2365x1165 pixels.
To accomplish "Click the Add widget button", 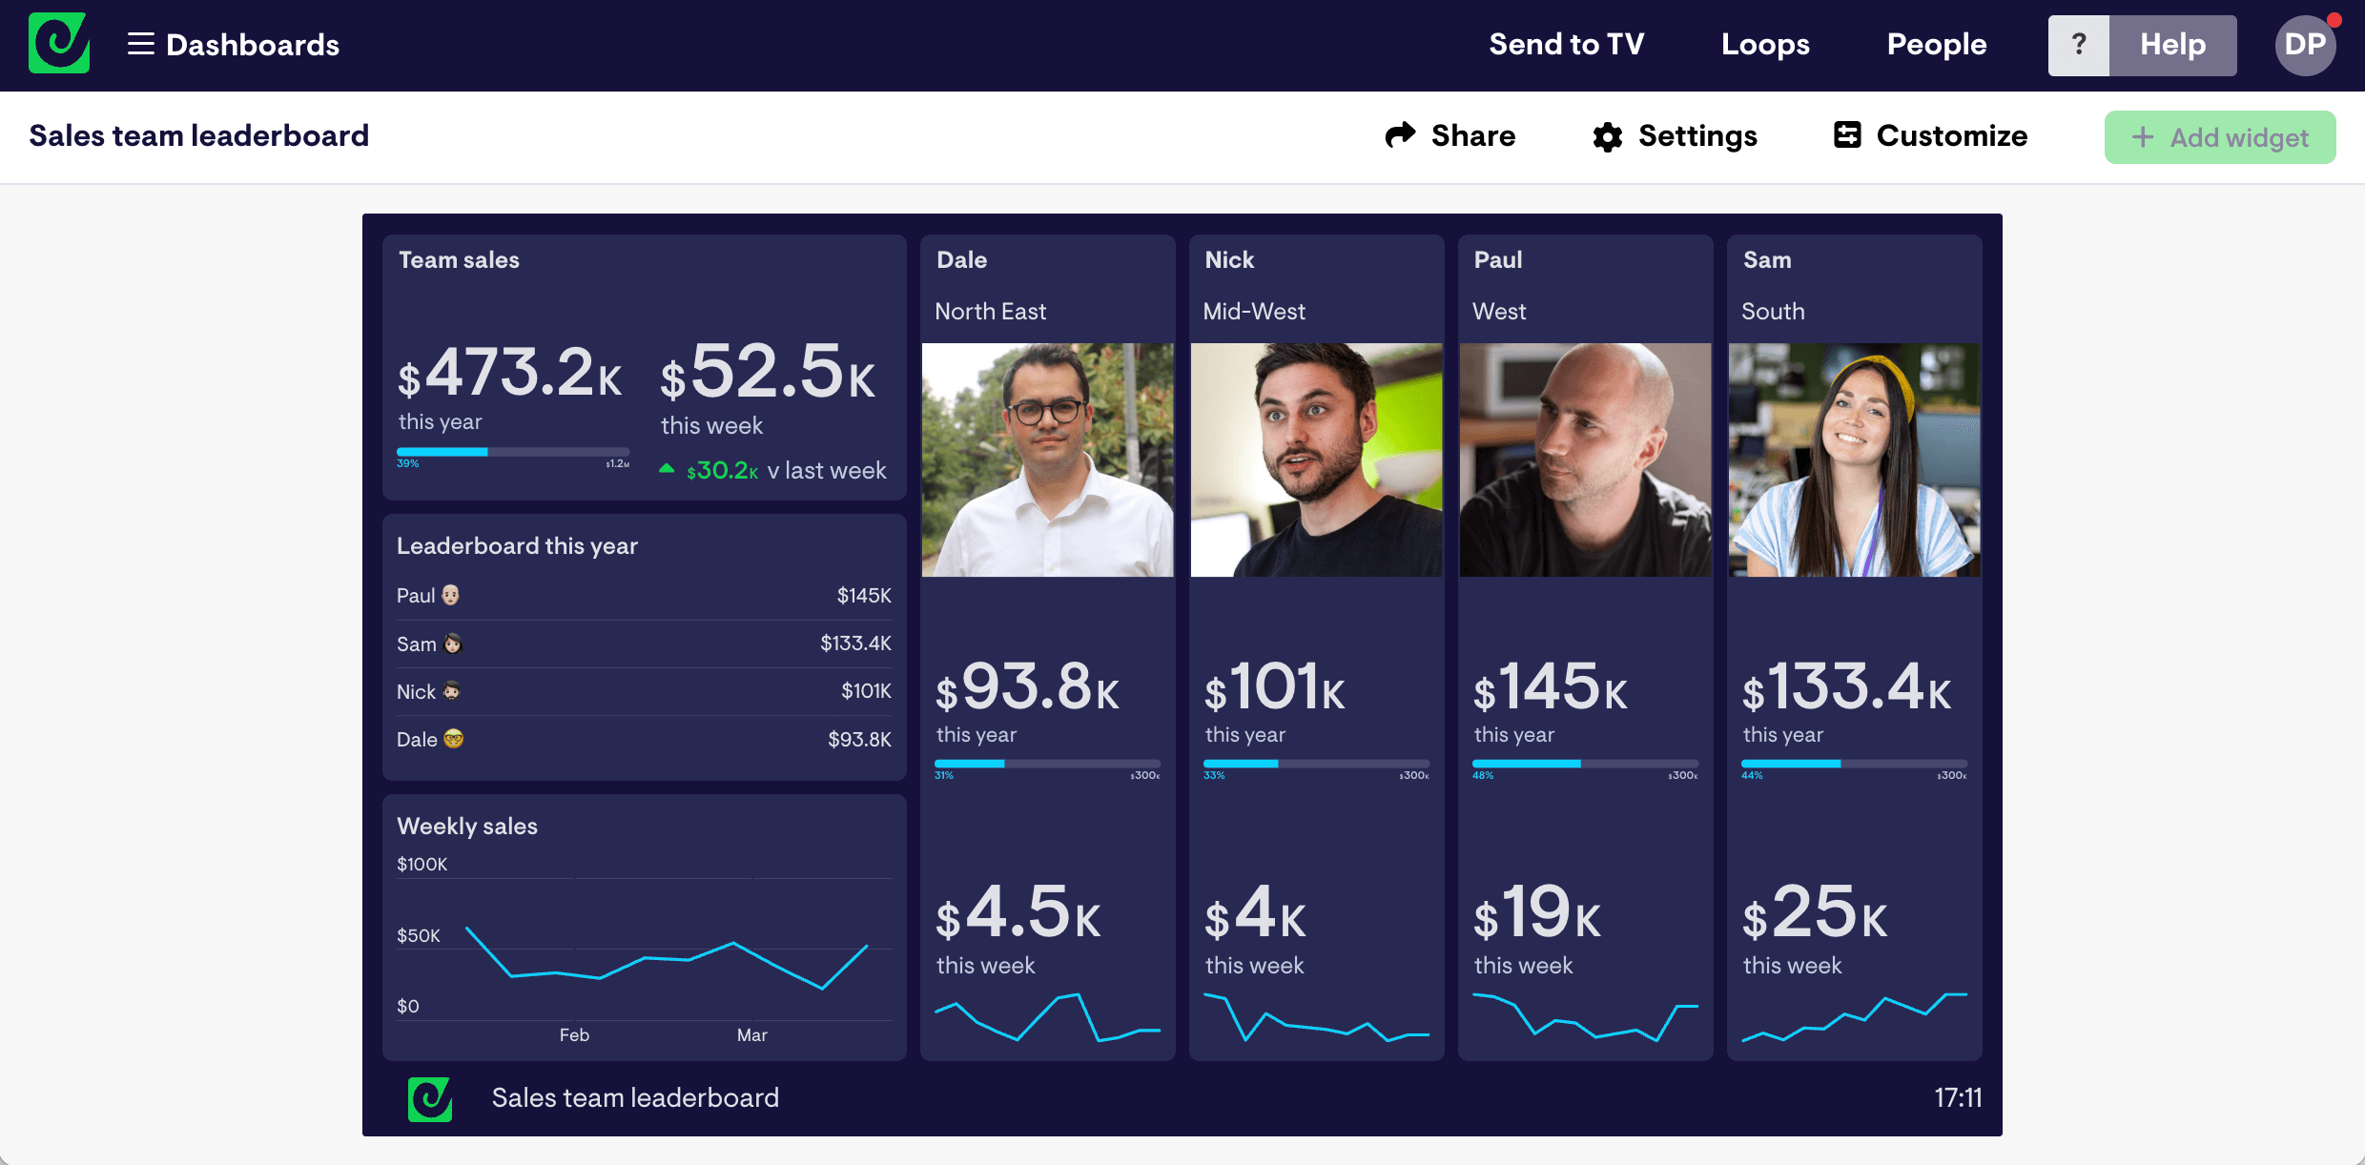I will click(x=2219, y=137).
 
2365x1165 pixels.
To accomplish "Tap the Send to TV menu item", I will click(x=1566, y=44).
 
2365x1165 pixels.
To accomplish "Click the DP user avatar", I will click(x=2305, y=45).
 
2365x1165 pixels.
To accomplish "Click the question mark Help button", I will click(x=2079, y=45).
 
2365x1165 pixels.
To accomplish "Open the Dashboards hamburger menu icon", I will click(x=141, y=44).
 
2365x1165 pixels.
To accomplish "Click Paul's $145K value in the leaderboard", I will click(x=863, y=596).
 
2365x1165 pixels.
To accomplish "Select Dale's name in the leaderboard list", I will click(x=417, y=740).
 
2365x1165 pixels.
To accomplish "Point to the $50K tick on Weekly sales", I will click(x=419, y=936).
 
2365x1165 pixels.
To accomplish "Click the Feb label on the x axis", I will click(x=574, y=1035).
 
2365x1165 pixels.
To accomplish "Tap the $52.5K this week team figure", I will click(x=768, y=374).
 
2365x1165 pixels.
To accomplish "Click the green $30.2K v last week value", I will click(x=722, y=471).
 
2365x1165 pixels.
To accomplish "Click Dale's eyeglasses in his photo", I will click(x=1047, y=412).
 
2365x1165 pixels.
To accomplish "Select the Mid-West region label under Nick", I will click(x=1254, y=312).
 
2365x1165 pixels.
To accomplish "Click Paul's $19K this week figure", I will click(x=1537, y=913).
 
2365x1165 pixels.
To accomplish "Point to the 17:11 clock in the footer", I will click(x=1957, y=1098).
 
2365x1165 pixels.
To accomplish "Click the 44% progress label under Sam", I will click(x=1752, y=776).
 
